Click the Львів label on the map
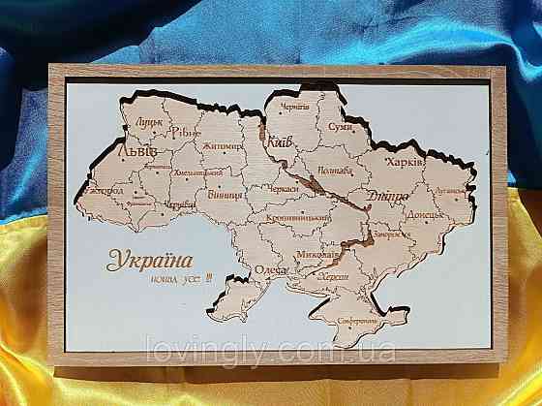click(x=135, y=151)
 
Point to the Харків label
click(x=405, y=163)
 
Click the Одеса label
click(x=272, y=270)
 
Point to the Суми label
click(x=340, y=127)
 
